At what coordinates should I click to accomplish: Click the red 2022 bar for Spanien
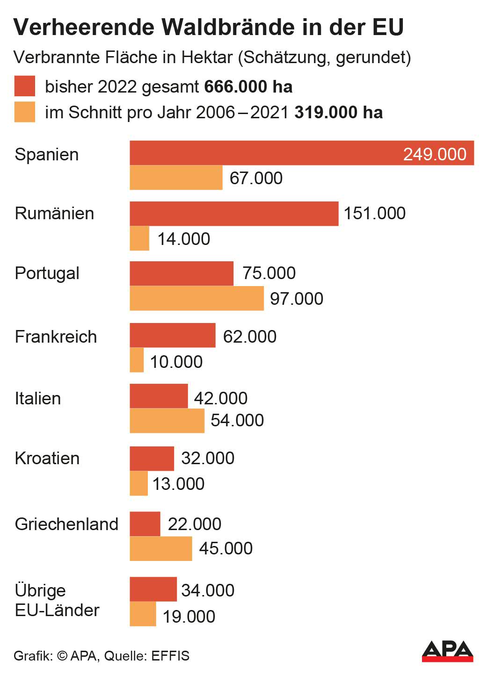tap(262, 153)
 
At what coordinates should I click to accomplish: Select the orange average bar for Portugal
tap(196, 298)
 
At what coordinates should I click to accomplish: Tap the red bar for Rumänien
tap(234, 214)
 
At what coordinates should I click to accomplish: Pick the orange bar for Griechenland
tap(160, 548)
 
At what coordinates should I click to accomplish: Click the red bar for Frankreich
tap(173, 335)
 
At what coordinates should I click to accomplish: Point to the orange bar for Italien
tap(167, 421)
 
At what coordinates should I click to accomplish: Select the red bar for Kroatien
tap(152, 458)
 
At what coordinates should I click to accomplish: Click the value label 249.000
tap(435, 154)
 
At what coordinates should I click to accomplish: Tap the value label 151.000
tap(375, 213)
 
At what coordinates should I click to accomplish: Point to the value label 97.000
tap(297, 299)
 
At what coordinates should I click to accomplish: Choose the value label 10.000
tap(176, 362)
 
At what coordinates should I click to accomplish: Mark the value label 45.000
tap(225, 548)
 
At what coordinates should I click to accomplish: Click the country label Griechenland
tap(66, 524)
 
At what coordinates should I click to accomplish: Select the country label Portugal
tap(47, 273)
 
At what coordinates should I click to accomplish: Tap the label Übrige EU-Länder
tap(57, 600)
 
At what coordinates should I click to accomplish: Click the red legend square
tap(24, 86)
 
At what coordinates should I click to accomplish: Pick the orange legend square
tap(24, 112)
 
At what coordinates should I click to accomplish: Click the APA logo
tap(447, 651)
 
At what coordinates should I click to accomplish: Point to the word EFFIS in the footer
tap(170, 656)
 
